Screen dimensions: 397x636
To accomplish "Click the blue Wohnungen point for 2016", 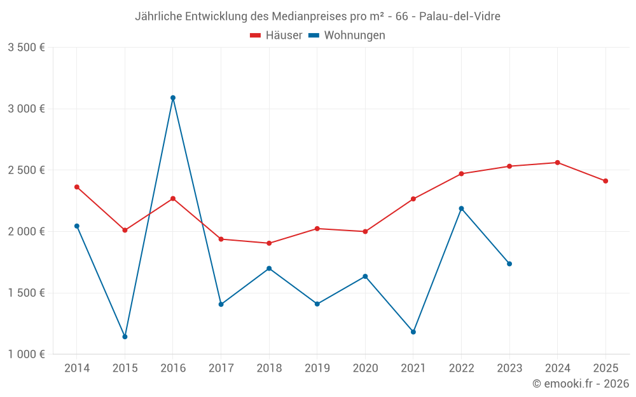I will coord(173,98).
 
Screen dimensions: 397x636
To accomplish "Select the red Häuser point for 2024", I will coord(558,163).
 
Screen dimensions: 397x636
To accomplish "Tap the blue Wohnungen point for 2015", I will coord(125,337).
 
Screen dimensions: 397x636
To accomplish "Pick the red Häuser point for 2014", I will coord(77,187).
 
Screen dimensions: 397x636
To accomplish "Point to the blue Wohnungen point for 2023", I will coord(509,264).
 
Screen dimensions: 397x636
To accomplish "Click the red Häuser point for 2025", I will coord(605,181).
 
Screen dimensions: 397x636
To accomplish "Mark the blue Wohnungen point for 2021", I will coord(413,332).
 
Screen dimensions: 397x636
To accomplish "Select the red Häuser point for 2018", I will coord(269,243).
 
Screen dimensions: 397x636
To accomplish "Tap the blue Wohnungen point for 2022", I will coord(462,208).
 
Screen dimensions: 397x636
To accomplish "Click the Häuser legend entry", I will coord(276,36).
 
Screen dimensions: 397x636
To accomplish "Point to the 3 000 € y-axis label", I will coord(26,109).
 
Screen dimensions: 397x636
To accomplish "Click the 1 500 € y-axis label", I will coord(26,293).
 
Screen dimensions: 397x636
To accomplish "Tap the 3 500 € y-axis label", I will coord(26,48).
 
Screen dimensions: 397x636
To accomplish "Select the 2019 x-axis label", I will coord(317,368).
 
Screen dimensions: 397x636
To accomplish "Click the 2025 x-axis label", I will coord(605,368).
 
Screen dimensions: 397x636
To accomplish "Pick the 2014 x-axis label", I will coord(77,368).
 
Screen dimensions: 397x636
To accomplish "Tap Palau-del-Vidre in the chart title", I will coord(460,17).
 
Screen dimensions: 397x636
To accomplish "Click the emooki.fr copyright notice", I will coord(581,384).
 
